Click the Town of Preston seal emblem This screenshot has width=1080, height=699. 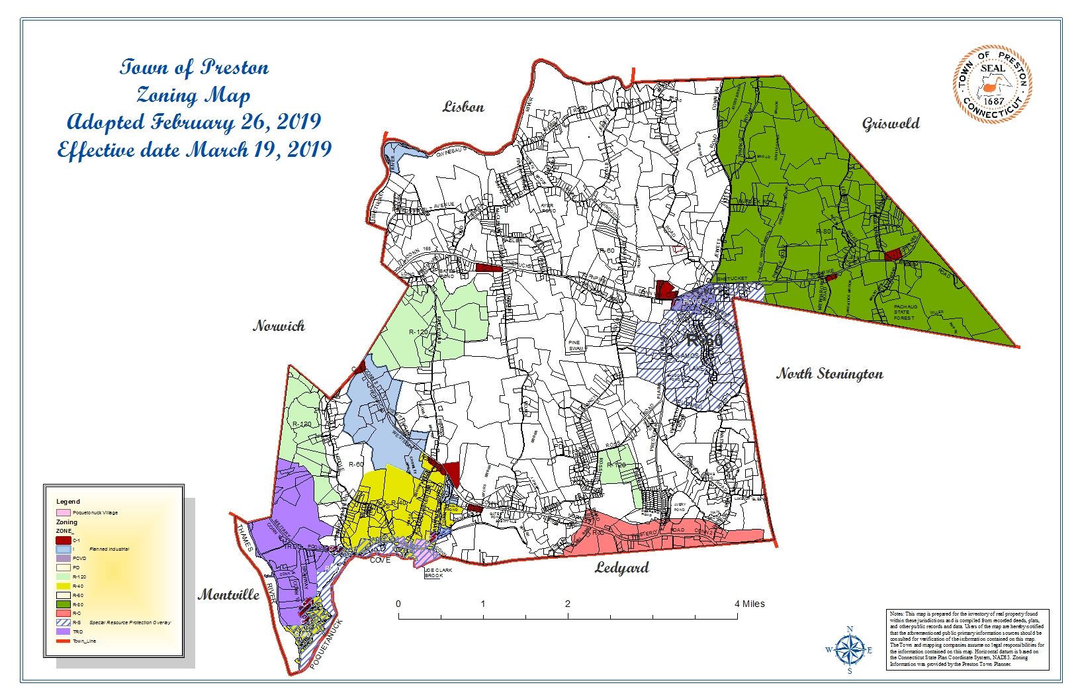[993, 84]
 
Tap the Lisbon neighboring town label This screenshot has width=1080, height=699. [463, 107]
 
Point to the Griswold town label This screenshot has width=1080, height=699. [891, 124]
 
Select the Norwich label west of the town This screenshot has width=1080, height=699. [279, 326]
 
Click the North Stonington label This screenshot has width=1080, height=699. [829, 374]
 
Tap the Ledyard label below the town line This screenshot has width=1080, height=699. [621, 568]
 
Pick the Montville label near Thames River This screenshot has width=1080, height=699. [228, 594]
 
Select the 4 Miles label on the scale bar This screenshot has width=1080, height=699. [749, 604]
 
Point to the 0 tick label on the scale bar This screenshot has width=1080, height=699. [398, 604]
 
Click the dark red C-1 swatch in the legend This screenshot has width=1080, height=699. [63, 541]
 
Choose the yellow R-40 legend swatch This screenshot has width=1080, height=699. [63, 586]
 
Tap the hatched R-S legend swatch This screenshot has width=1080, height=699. [63, 623]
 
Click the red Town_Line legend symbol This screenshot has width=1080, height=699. [63, 641]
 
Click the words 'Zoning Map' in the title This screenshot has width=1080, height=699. [193, 96]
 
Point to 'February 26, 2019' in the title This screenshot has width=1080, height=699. [236, 122]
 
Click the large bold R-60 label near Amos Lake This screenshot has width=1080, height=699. [704, 341]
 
